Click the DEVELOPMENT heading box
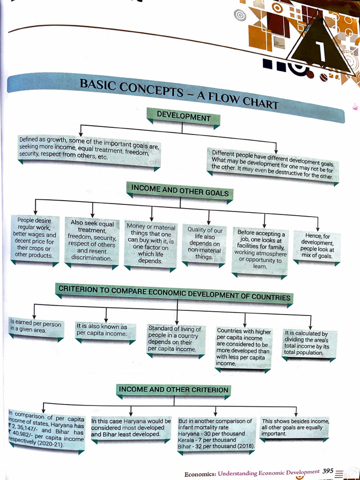tap(183, 116)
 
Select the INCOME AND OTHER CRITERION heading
tap(173, 390)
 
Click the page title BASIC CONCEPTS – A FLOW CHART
tap(179, 93)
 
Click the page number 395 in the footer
tap(328, 471)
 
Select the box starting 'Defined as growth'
tap(89, 148)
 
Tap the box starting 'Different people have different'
tap(272, 165)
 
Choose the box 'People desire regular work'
tap(34, 238)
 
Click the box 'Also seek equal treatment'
tap(92, 241)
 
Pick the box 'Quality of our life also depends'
tap(203, 243)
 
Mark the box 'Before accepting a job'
tap(260, 249)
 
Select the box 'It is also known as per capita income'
tap(102, 330)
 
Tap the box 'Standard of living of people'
tap(174, 339)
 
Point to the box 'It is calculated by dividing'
tap(307, 343)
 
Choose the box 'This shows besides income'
tap(295, 427)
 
